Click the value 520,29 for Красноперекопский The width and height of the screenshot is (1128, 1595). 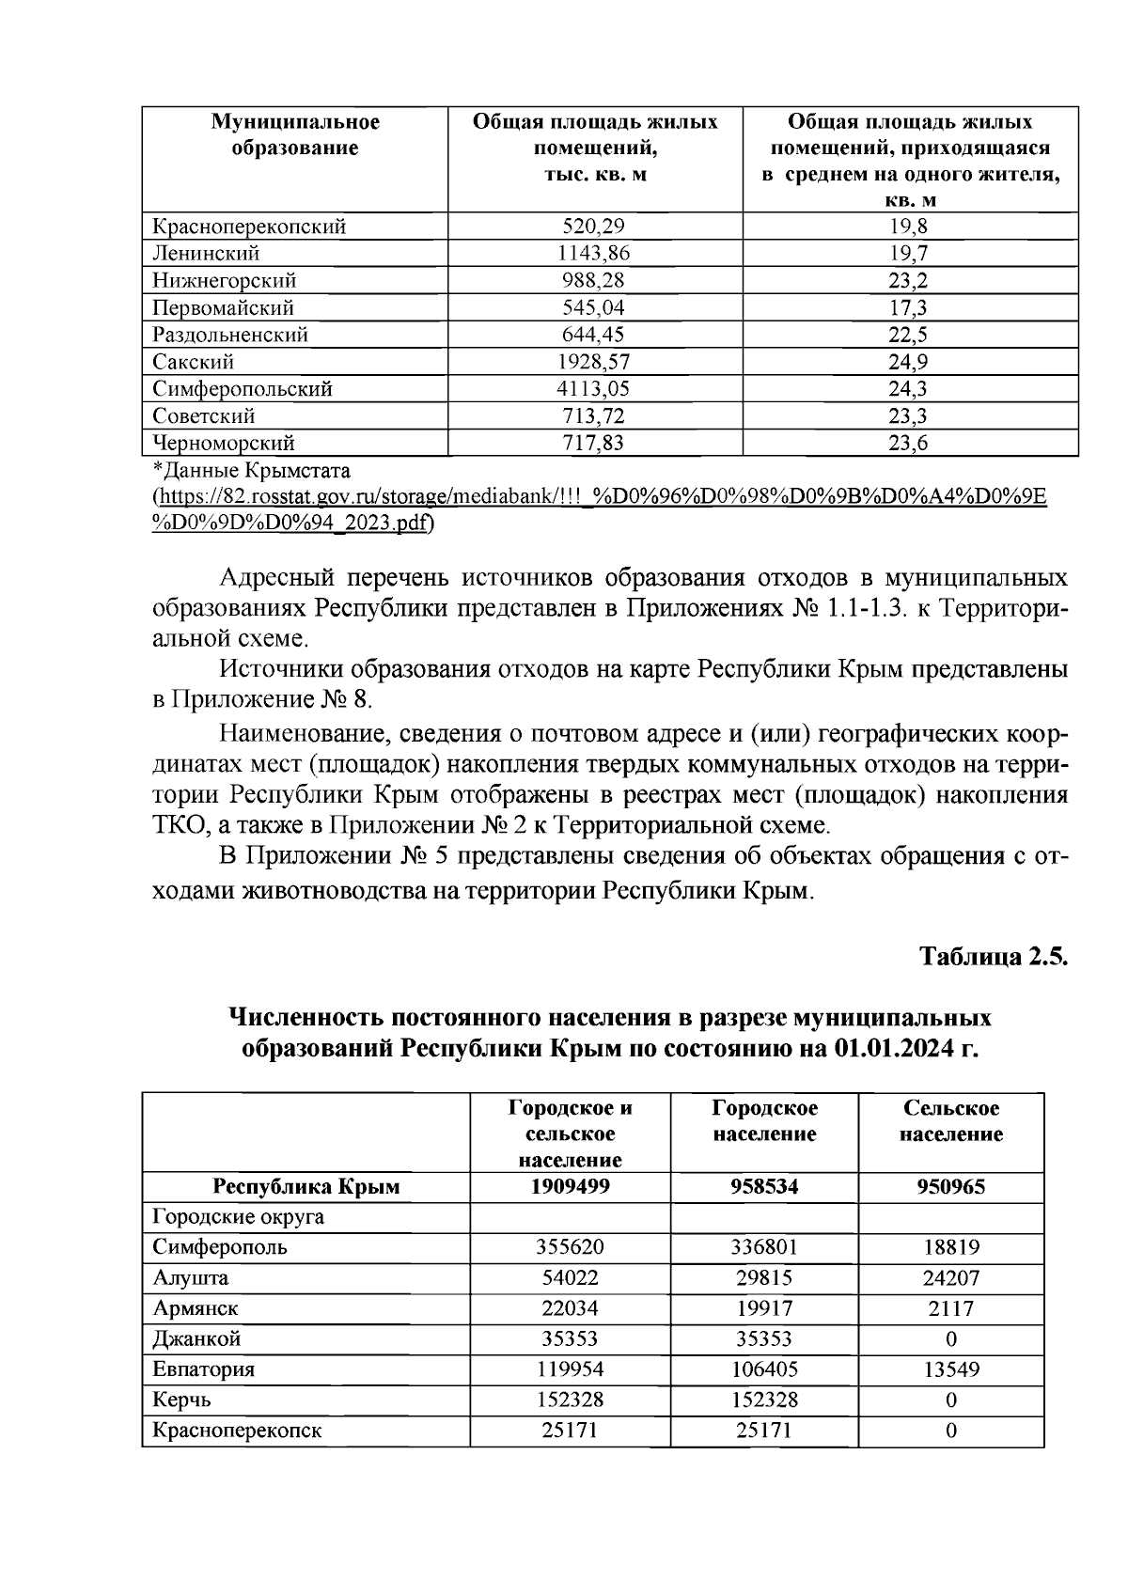(x=593, y=227)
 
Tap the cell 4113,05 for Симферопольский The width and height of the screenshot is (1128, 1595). (x=593, y=389)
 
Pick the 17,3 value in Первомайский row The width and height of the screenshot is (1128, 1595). (x=908, y=308)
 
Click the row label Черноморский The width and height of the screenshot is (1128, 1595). (x=224, y=444)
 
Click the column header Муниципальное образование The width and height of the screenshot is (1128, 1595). (x=295, y=135)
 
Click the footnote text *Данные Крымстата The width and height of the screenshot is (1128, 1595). (x=251, y=469)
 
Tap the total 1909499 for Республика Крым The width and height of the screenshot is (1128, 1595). (x=570, y=1187)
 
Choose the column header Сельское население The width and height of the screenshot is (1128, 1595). (x=950, y=1121)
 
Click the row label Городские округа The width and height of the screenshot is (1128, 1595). (x=239, y=1217)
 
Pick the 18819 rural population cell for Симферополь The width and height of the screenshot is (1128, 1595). (x=950, y=1248)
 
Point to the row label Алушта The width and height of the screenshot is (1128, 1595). (x=191, y=1278)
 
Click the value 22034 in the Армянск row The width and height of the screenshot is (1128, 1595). (x=570, y=1308)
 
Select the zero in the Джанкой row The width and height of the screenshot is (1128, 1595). (x=950, y=1339)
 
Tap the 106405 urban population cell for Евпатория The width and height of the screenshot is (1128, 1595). (x=764, y=1369)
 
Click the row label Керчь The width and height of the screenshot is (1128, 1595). (x=182, y=1400)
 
